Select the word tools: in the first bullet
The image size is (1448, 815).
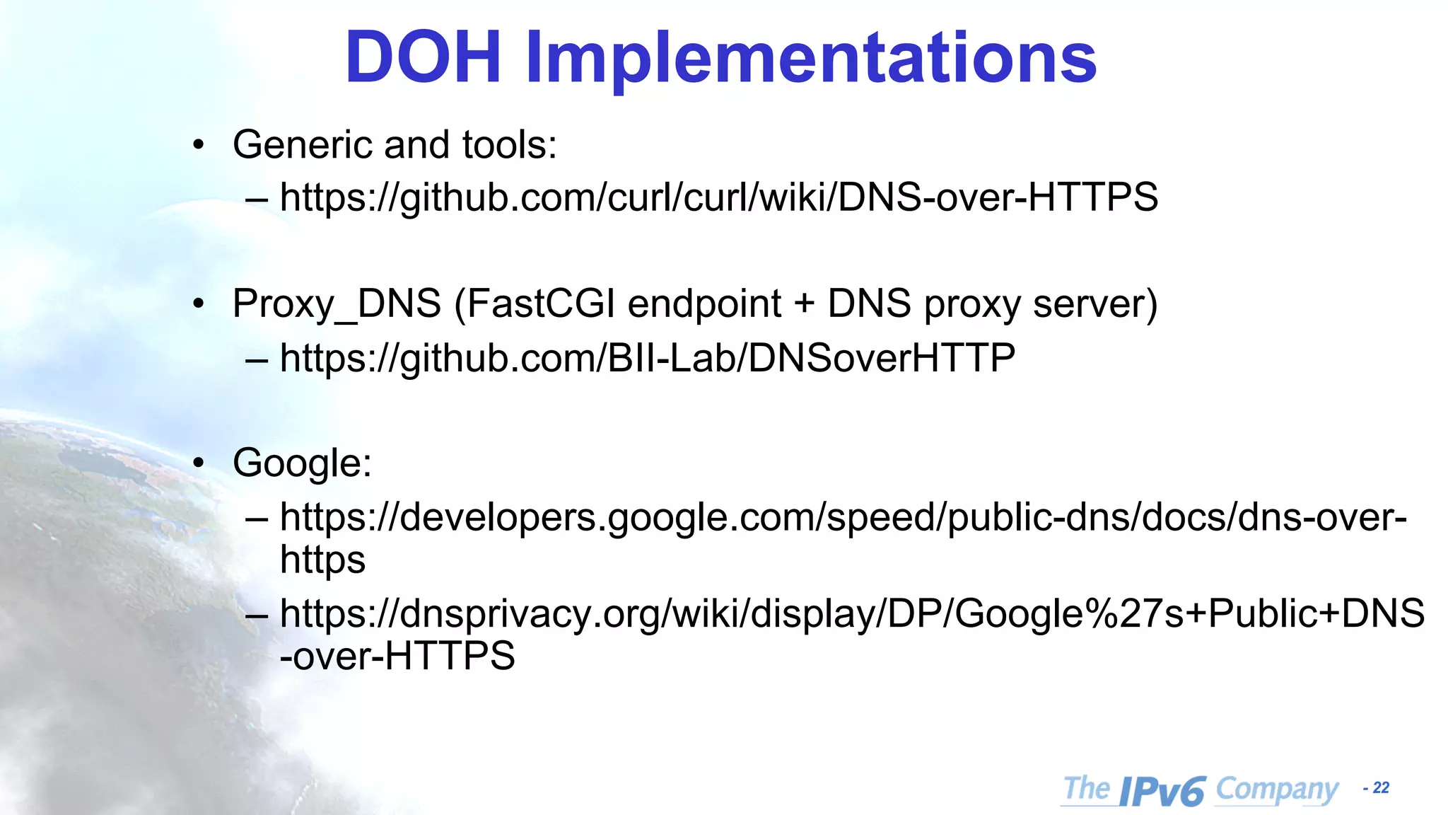[x=509, y=145]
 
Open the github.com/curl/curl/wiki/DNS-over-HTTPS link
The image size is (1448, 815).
[x=718, y=197]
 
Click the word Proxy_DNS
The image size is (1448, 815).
[x=337, y=304]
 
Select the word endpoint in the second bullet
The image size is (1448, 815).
[x=704, y=304]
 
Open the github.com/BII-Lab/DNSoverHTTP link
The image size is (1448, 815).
[x=647, y=358]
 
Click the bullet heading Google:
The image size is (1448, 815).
[x=302, y=464]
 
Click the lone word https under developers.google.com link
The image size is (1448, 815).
[x=322, y=560]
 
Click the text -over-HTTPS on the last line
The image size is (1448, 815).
[x=397, y=656]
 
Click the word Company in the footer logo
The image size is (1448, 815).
[x=1277, y=790]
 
